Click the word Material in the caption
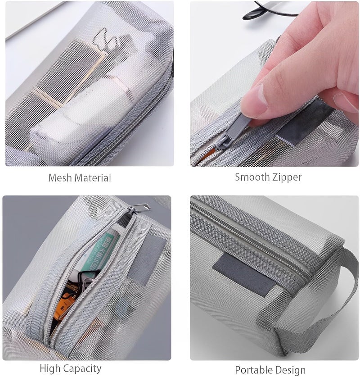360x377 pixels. [x=93, y=178]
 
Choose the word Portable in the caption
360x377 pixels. [x=253, y=370]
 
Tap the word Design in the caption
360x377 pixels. [x=290, y=370]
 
